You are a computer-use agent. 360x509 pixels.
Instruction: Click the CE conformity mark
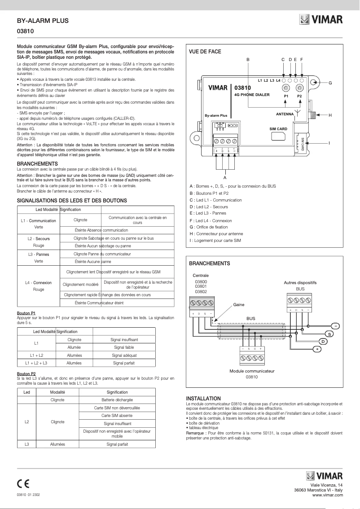[x=23, y=483]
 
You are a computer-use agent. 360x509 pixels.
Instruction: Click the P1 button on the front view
[x=286, y=88]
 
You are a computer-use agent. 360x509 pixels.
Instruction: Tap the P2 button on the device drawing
[x=299, y=88]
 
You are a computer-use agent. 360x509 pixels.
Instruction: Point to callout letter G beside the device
[x=330, y=83]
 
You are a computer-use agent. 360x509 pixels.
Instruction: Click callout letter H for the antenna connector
[x=330, y=115]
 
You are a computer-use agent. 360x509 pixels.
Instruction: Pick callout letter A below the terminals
[x=225, y=177]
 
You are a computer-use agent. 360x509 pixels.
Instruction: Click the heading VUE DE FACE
[x=205, y=52]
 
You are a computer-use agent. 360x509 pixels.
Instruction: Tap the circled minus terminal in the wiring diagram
[x=335, y=326]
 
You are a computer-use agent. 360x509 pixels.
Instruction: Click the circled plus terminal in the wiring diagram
[x=317, y=349]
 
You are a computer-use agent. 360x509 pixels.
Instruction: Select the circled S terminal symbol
[x=329, y=334]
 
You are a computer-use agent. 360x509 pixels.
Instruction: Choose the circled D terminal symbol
[x=323, y=342]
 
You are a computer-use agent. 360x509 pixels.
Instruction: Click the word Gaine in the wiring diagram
[x=239, y=304]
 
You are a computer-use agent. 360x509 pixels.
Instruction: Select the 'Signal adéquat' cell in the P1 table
[x=124, y=355]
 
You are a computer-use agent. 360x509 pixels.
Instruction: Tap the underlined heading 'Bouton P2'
[x=26, y=373]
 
